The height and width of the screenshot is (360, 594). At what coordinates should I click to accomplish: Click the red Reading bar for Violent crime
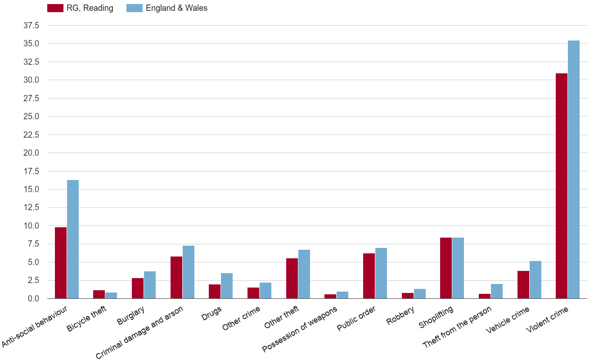click(562, 186)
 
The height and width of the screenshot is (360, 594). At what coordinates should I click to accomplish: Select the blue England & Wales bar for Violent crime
click(574, 170)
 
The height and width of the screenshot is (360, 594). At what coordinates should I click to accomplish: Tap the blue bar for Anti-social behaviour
click(73, 239)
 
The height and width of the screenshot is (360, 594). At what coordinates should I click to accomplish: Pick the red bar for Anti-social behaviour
click(61, 263)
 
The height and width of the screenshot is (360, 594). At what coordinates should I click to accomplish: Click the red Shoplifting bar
click(446, 268)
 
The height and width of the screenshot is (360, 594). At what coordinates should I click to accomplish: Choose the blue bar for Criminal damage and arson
click(189, 272)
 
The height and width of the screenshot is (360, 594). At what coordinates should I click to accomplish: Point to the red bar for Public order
click(369, 276)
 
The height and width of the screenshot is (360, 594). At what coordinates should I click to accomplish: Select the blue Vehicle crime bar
click(535, 280)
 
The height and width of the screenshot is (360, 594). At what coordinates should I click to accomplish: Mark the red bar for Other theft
click(292, 279)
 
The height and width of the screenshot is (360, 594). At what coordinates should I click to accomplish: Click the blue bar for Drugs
click(227, 286)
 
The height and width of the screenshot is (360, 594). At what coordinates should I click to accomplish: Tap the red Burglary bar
click(138, 288)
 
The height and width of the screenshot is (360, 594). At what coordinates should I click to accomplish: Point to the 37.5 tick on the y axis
click(31, 26)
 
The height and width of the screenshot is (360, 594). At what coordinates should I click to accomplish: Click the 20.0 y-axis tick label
click(31, 153)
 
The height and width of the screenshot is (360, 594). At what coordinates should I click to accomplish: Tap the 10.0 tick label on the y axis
click(31, 226)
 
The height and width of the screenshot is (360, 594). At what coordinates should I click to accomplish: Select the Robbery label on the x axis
click(401, 315)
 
